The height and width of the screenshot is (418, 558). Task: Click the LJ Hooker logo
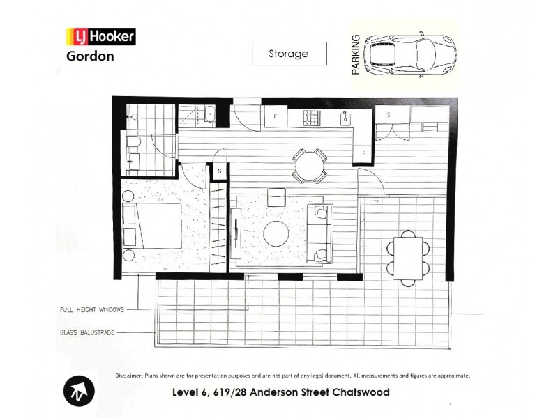(x=100, y=36)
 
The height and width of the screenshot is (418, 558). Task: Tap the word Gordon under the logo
(x=90, y=56)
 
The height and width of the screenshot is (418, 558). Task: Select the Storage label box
(x=289, y=54)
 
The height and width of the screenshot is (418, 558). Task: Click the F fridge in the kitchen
(x=276, y=116)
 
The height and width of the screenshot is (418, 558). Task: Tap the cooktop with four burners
(x=311, y=118)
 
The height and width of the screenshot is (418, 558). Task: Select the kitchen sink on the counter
(x=344, y=118)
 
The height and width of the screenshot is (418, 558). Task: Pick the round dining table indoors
(x=308, y=165)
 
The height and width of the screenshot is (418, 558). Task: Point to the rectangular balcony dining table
(x=407, y=256)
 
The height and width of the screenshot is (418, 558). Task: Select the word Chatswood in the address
(x=359, y=392)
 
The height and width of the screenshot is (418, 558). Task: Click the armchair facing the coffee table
(x=276, y=197)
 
